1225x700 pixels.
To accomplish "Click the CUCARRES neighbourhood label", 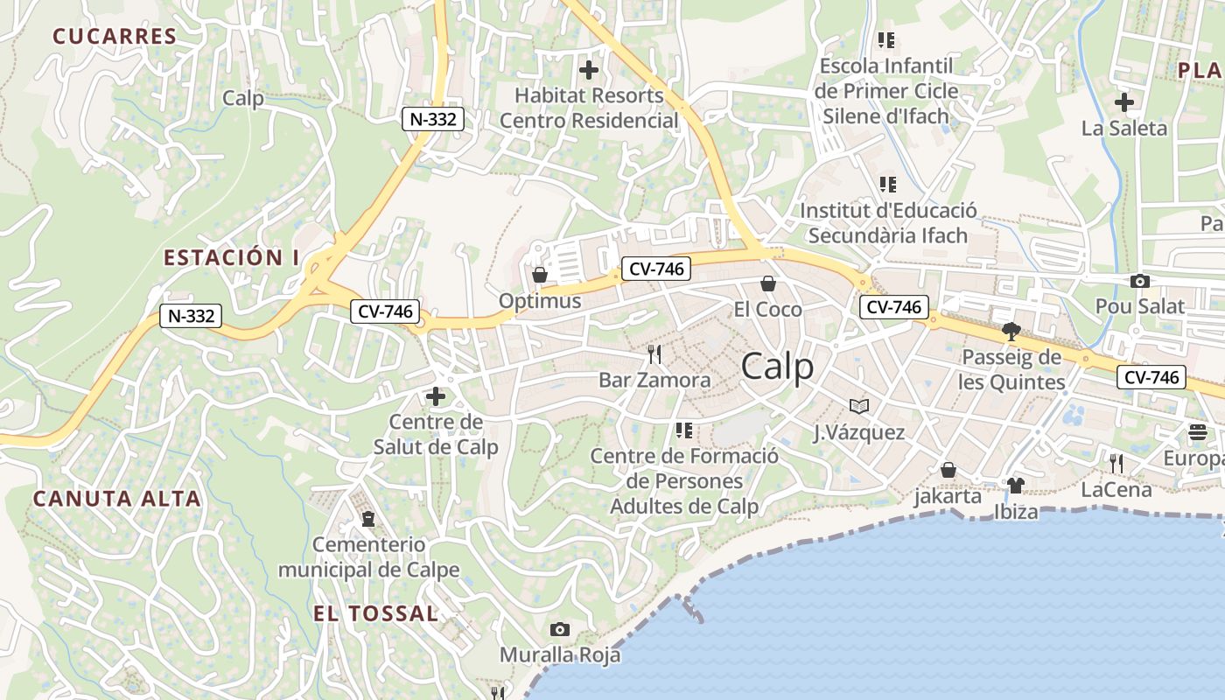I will click(115, 36).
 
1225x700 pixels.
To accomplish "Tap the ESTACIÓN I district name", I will click(231, 257).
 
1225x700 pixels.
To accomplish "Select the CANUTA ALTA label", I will click(117, 499).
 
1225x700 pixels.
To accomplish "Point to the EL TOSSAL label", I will click(376, 613).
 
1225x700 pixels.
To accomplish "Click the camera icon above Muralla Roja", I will click(560, 629).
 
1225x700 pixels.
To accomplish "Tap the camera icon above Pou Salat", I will click(1139, 281).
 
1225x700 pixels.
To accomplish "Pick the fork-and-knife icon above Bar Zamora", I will click(654, 354).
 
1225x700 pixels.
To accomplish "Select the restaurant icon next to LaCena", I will click(1116, 463).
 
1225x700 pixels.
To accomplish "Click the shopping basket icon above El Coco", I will click(767, 283).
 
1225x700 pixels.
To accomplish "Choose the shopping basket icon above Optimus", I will click(540, 275).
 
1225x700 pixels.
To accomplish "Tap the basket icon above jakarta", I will click(948, 470).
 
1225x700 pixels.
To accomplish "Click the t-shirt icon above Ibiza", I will click(1015, 485).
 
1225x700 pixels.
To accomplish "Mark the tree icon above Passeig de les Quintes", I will click(1011, 331).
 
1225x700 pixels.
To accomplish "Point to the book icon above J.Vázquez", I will click(859, 406).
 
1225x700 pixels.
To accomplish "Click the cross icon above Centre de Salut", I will click(435, 396).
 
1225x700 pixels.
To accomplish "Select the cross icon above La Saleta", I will click(1124, 102).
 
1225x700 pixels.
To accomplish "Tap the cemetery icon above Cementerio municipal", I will click(368, 519).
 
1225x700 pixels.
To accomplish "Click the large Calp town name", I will click(777, 367).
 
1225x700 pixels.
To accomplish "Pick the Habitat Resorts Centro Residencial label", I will click(589, 108).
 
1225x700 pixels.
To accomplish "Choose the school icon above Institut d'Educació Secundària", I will click(887, 185).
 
